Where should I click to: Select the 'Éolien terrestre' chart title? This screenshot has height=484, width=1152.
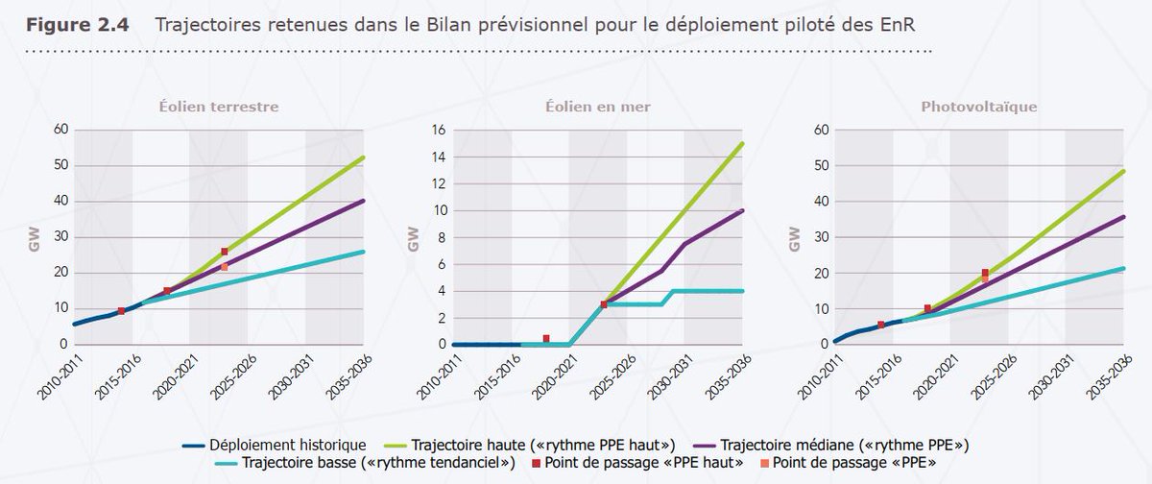(219, 107)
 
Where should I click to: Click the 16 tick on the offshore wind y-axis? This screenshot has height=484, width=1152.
(438, 130)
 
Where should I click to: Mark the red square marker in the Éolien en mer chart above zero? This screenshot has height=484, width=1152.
(546, 338)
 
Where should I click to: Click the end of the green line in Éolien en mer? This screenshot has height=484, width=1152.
(742, 143)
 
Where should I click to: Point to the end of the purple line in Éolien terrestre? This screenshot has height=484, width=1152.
(364, 201)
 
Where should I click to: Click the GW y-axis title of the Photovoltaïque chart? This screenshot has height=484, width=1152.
(794, 240)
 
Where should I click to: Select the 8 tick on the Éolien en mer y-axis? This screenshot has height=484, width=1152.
(441, 237)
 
